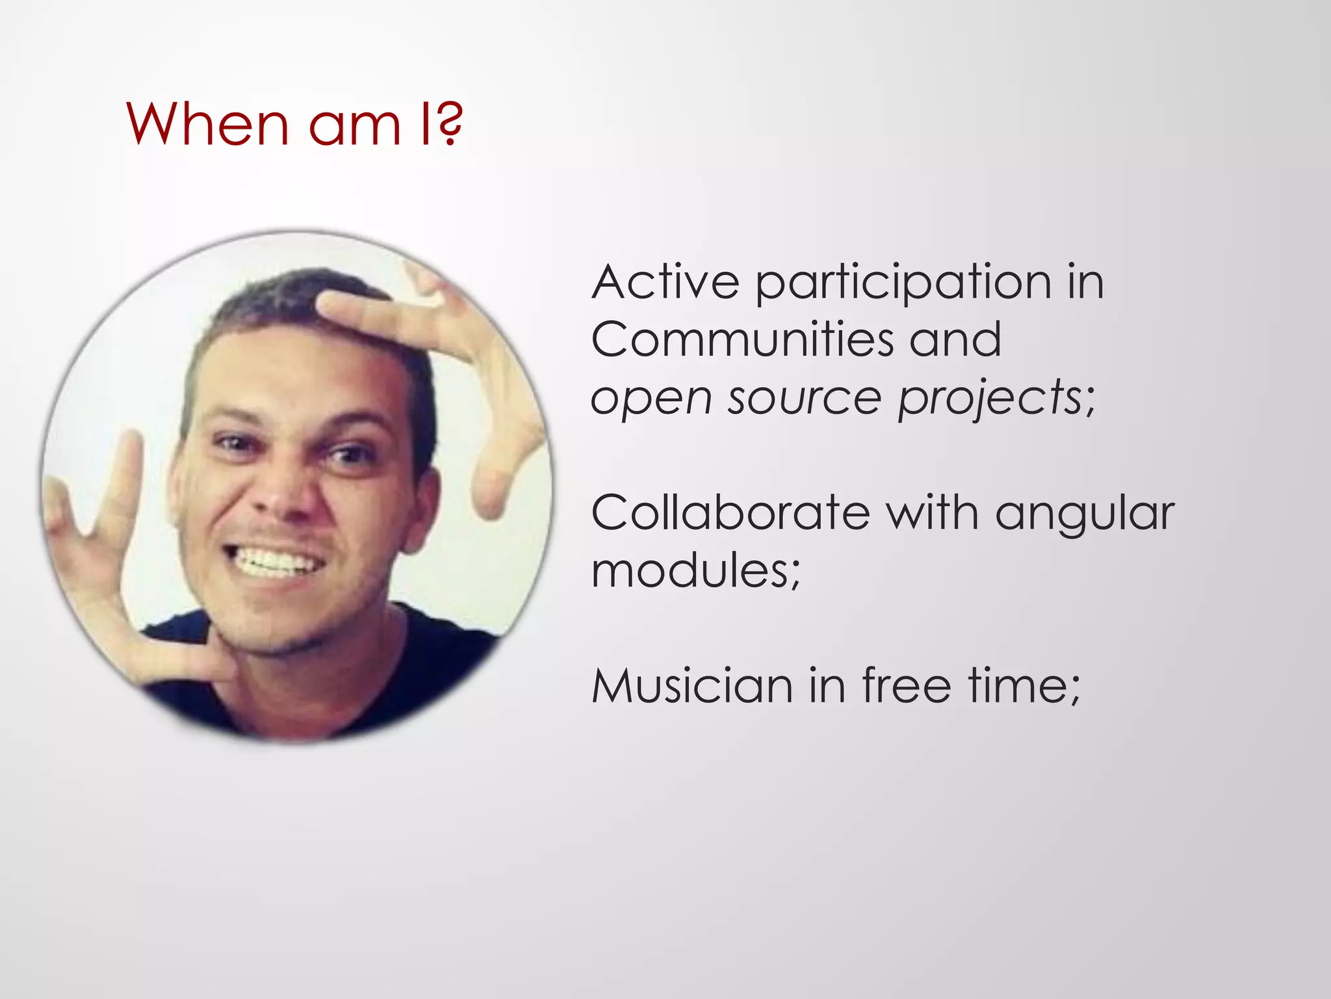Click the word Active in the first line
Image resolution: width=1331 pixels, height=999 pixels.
tap(665, 283)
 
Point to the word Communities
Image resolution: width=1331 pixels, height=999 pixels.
tap(742, 340)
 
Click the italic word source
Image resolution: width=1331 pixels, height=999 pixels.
tap(803, 398)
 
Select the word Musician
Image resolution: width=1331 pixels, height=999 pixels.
tap(691, 687)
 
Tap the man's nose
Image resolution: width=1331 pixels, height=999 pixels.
tap(286, 494)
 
